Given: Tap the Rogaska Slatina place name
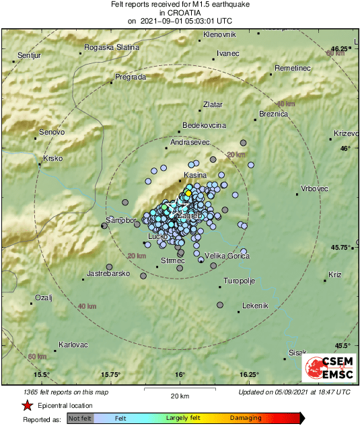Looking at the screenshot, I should (111, 47).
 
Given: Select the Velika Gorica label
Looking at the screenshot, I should (226, 256).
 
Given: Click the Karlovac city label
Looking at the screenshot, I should (73, 345).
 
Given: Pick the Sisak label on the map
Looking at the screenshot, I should (297, 353).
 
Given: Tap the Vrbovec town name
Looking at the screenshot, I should (315, 188).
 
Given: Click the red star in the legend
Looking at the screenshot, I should (26, 405).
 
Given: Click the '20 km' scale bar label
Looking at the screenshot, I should (180, 395).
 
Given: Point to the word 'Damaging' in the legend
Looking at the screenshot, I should (246, 418).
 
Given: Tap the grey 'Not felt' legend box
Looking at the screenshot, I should (80, 418).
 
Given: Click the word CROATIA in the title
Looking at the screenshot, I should (179, 13).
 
